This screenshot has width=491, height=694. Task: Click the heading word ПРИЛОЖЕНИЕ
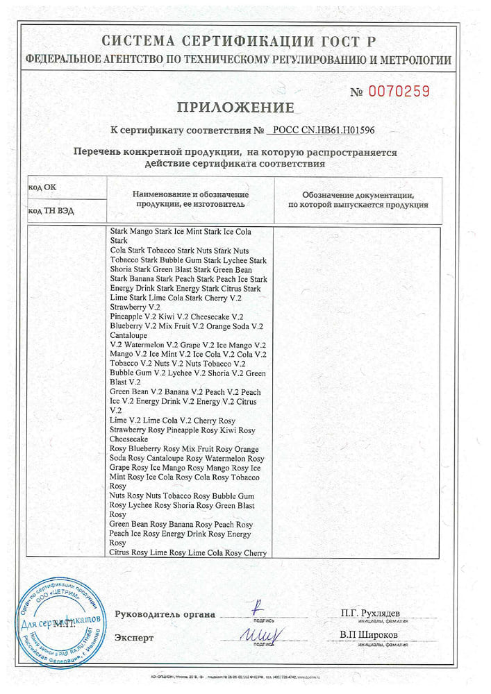pyautogui.click(x=235, y=108)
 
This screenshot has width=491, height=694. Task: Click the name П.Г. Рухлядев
pyautogui.click(x=370, y=613)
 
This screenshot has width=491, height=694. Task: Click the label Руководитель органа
pyautogui.click(x=165, y=614)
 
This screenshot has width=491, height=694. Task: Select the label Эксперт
pyautogui.click(x=134, y=637)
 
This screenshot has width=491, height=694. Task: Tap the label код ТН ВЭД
pyautogui.click(x=50, y=210)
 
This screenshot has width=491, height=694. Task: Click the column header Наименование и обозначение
pyautogui.click(x=191, y=195)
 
